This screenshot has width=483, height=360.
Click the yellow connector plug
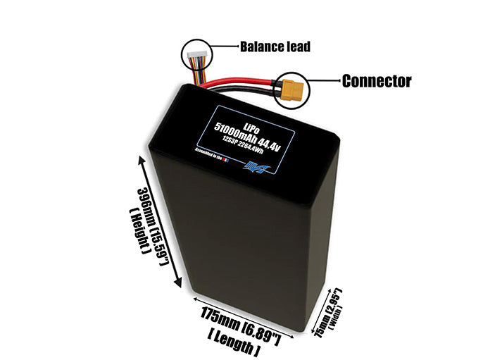291,89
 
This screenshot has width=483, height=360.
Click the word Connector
376,81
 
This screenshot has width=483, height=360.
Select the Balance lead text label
275,47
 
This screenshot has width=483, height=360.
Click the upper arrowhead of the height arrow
144,161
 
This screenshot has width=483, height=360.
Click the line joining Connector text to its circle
322,81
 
